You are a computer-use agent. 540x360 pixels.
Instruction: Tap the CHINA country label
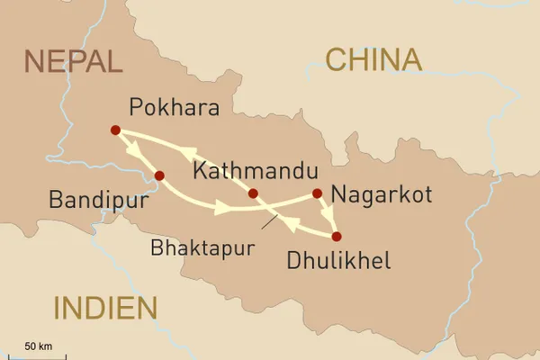[x=373, y=60]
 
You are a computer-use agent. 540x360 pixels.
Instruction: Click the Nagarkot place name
[x=382, y=193]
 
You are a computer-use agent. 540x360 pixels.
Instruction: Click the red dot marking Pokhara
[x=115, y=130]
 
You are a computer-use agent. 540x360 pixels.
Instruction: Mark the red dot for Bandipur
[x=158, y=175]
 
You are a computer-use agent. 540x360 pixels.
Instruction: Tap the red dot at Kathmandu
[x=253, y=193]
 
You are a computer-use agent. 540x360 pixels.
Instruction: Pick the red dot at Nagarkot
[x=317, y=193]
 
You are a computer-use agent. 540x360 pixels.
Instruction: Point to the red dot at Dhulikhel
[x=337, y=237]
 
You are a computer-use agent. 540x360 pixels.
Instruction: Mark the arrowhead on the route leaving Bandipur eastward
[x=220, y=209]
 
